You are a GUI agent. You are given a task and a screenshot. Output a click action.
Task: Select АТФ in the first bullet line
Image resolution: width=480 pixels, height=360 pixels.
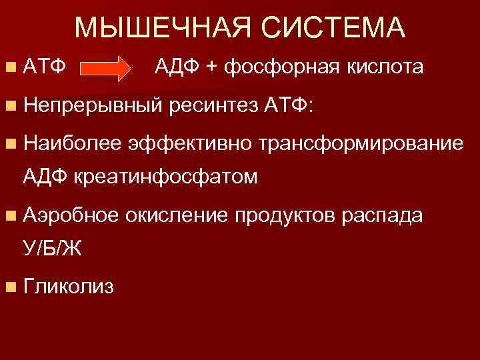(43, 67)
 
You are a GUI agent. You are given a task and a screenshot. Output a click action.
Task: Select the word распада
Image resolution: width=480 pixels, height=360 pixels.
(387, 215)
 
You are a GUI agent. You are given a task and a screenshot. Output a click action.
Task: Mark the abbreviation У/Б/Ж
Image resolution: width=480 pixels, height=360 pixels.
(53, 248)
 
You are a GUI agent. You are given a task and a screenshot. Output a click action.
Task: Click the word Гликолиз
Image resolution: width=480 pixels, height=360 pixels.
(68, 287)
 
